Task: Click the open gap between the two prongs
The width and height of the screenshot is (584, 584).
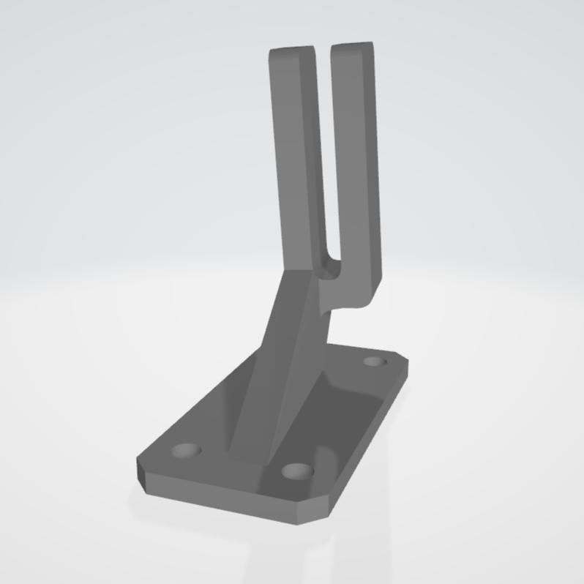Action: click(323, 146)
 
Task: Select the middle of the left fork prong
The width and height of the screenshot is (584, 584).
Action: click(296, 161)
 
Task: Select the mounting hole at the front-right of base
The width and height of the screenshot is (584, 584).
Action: click(296, 471)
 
